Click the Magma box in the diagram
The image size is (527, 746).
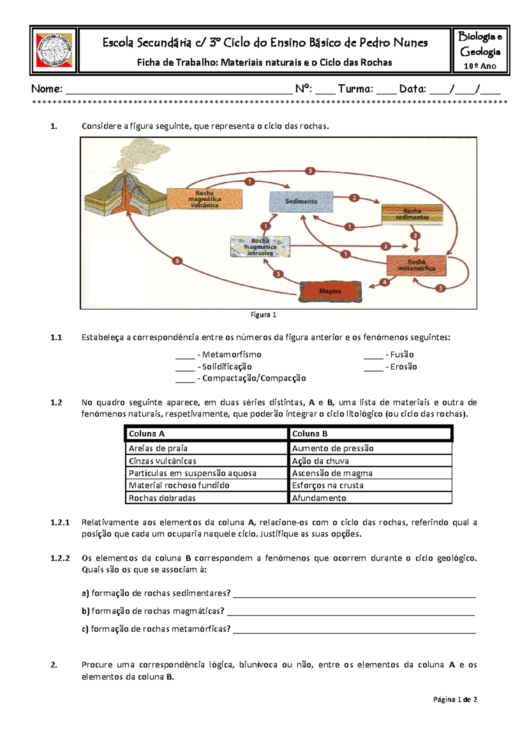click(330, 291)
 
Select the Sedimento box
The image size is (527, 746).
click(301, 202)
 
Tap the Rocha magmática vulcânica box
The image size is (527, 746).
click(204, 199)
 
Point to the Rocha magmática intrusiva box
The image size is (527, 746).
click(260, 247)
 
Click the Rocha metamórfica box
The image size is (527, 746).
click(416, 265)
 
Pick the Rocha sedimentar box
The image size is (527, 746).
click(412, 214)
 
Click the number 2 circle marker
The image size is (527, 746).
click(354, 198)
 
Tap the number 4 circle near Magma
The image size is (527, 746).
click(385, 282)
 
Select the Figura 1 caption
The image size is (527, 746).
click(263, 315)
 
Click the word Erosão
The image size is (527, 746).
click(403, 367)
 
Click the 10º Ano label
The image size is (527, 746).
click(480, 66)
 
